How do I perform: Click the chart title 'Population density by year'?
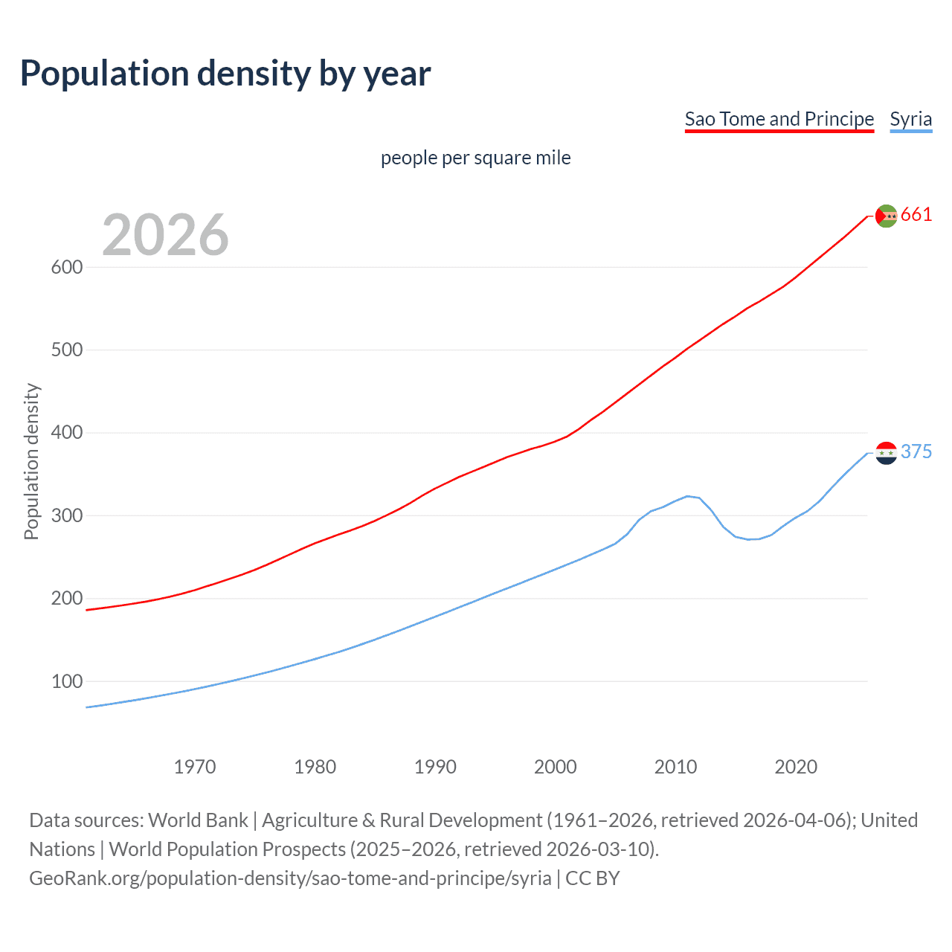[225, 73]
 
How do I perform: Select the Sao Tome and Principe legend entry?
[779, 119]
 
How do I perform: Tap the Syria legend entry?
[910, 119]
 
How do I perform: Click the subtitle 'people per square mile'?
[475, 158]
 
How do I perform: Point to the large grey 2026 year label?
[165, 234]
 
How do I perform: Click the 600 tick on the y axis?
[66, 267]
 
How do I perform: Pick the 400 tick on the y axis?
[66, 433]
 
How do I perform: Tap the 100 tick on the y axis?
[66, 681]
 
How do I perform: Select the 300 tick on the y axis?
[66, 515]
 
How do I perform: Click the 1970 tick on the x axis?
[195, 767]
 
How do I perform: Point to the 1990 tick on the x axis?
[435, 767]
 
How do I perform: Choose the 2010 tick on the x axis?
[675, 767]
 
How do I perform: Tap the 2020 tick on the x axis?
[796, 767]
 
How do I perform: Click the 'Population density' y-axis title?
[31, 461]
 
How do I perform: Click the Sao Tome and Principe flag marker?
[886, 216]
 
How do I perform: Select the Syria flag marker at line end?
[886, 452]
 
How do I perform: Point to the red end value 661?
[916, 215]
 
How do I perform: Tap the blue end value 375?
[916, 451]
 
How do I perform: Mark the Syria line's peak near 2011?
[688, 496]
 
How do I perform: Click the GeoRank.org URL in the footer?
[290, 878]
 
